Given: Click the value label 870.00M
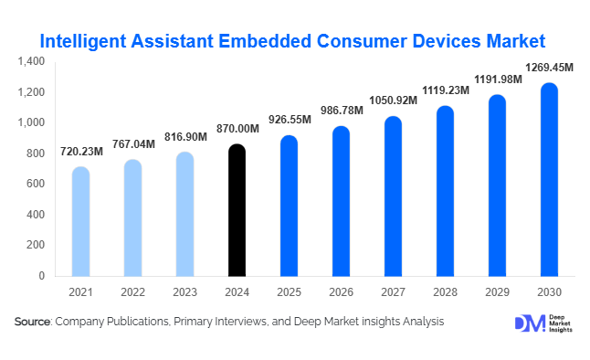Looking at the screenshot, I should tap(237, 130).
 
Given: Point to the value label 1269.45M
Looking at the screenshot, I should tap(549, 67).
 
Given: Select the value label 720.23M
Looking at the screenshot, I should tap(81, 152).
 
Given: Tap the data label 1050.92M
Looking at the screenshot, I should tap(393, 101).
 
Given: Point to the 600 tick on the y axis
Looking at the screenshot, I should tap(37, 184).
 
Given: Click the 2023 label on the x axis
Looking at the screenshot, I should tap(184, 291).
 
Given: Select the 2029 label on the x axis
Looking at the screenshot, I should tap(497, 291).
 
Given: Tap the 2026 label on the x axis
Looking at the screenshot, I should tap(341, 291).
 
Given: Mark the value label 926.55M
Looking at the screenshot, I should tap(289, 120).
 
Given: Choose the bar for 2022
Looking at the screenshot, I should tap(133, 217).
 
